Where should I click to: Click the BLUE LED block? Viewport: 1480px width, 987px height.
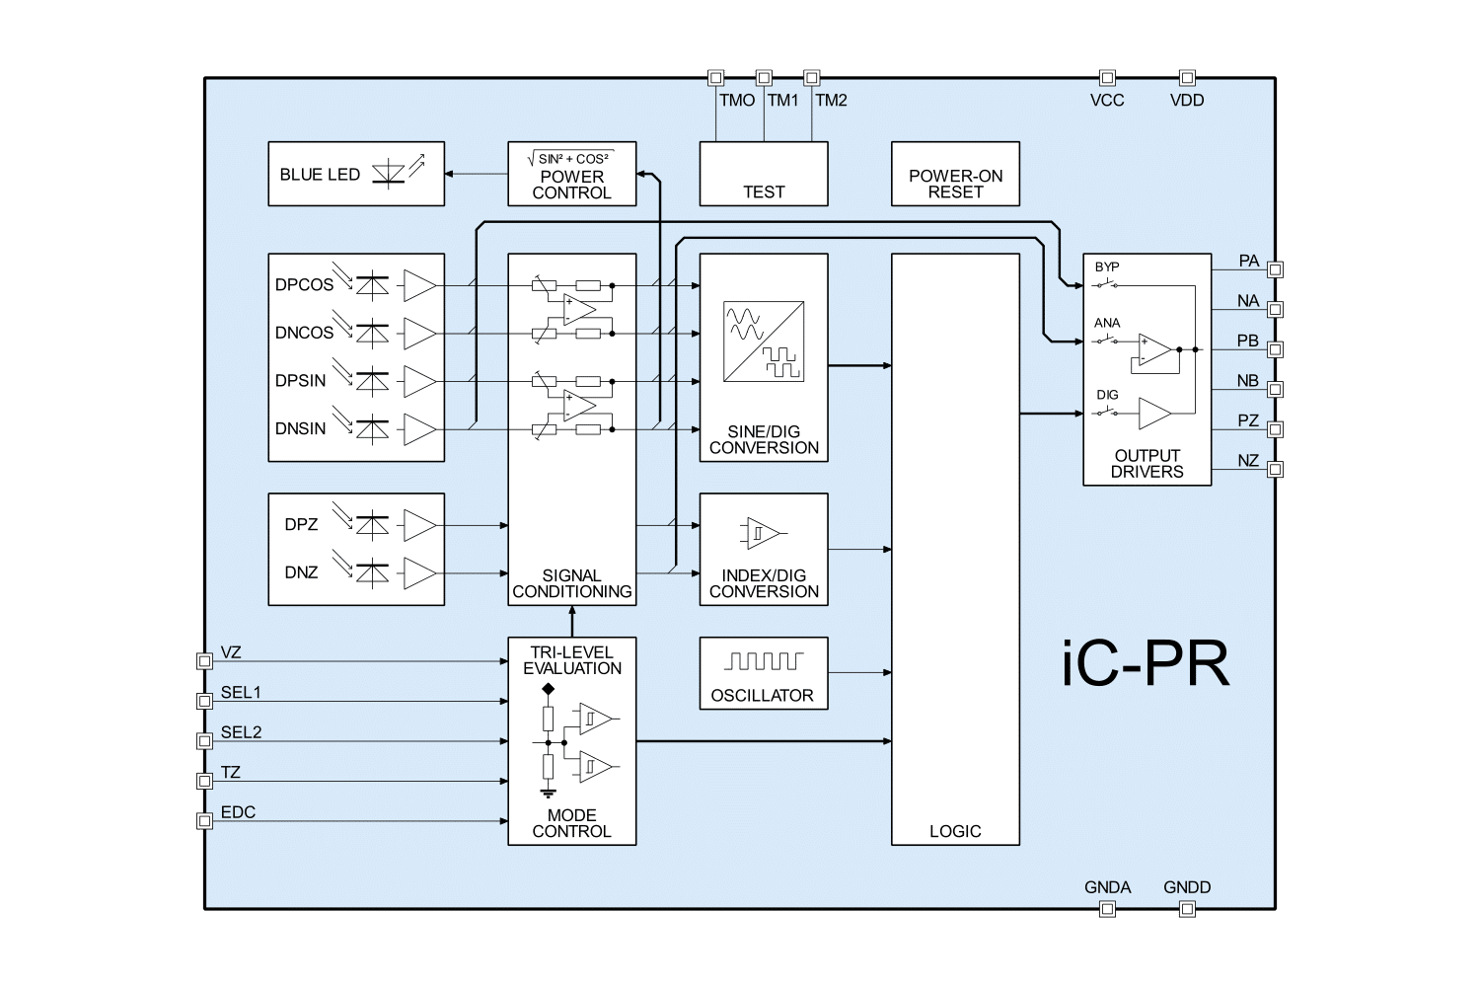click(356, 174)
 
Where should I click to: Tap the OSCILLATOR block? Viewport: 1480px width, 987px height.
click(763, 673)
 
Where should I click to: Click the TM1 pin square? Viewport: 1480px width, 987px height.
click(763, 77)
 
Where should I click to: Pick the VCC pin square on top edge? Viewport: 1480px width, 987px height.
click(1108, 77)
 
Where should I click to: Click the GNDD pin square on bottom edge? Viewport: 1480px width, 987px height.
click(1188, 908)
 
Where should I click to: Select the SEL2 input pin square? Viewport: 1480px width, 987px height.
click(204, 741)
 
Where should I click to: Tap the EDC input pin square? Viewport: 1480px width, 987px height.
click(204, 821)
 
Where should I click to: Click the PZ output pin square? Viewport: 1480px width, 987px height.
click(1275, 429)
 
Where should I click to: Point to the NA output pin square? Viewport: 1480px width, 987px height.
click(1275, 309)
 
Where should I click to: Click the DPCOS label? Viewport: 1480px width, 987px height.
click(304, 285)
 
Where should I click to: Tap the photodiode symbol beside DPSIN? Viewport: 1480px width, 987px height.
click(371, 381)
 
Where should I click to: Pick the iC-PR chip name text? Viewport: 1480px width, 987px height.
click(1147, 666)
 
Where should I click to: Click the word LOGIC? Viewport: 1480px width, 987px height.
click(955, 831)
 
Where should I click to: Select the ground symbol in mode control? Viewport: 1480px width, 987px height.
click(549, 791)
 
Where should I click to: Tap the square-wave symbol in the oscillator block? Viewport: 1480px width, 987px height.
click(763, 660)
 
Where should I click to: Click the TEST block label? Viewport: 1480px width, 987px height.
click(764, 192)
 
